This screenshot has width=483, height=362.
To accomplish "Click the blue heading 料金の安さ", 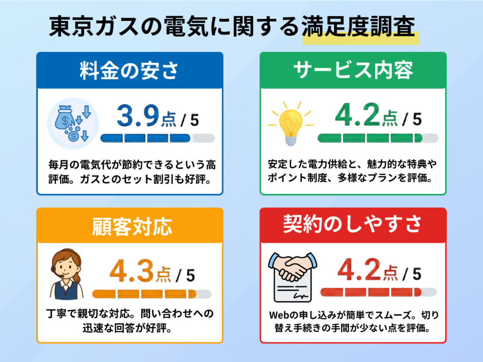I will point(129,71).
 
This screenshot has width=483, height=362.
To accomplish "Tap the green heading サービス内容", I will point(353,71).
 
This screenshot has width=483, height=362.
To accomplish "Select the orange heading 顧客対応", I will point(129,227).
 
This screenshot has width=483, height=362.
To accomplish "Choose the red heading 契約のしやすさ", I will point(353,225).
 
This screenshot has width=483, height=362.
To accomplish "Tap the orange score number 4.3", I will point(132,272).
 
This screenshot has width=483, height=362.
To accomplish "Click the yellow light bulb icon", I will point(291,123).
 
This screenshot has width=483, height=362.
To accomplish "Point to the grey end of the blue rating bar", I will point(204,138).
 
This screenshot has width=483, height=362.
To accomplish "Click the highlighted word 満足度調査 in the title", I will point(358,28).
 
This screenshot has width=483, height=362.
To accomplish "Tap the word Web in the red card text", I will point(278,314).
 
